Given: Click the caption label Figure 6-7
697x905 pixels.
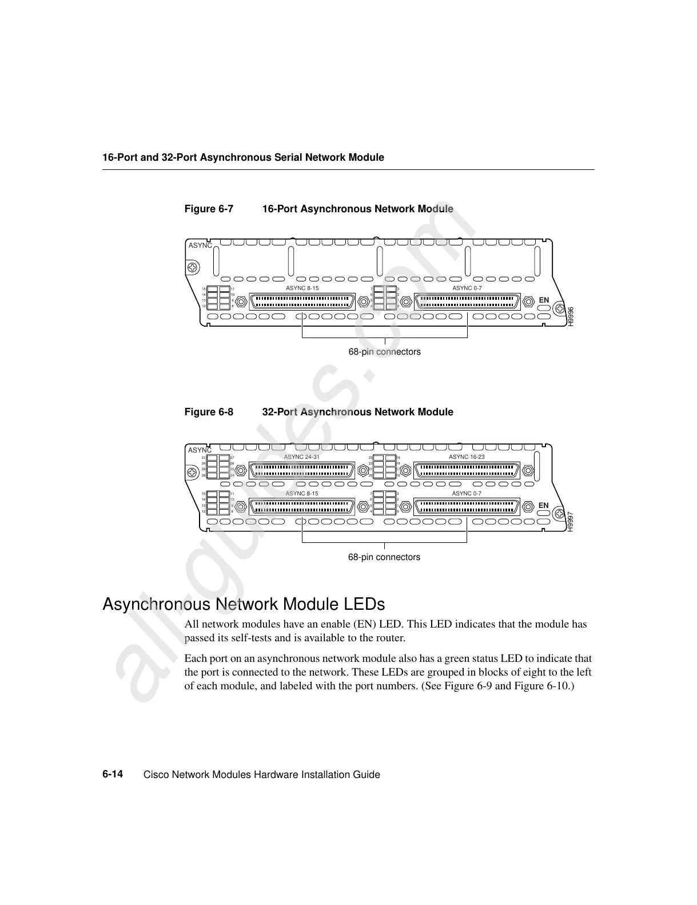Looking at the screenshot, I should click(209, 209).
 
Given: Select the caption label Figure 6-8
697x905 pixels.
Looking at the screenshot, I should click(209, 412).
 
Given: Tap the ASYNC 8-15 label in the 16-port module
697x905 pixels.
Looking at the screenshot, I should click(302, 288).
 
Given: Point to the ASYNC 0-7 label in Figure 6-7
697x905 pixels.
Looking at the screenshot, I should click(467, 288).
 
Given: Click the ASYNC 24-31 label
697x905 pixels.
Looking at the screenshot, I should click(301, 457).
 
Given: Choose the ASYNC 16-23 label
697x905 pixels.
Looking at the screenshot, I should click(467, 457).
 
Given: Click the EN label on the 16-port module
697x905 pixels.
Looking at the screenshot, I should click(544, 300).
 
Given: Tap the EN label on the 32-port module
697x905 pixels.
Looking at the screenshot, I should click(544, 506).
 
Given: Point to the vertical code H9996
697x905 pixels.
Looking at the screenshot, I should click(570, 316).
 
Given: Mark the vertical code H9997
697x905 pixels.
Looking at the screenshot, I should click(570, 522).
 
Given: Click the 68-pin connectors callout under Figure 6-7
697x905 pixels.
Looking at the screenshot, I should click(384, 352).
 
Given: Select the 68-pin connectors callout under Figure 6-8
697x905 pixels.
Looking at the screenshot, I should click(384, 557).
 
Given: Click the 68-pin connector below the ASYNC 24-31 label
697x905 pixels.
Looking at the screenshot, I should click(301, 470).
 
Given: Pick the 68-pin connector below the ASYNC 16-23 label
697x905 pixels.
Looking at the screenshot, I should click(467, 470).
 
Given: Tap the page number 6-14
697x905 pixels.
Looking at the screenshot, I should click(113, 774).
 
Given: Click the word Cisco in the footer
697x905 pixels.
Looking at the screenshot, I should click(155, 775).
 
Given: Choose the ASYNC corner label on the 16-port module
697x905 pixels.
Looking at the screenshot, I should click(200, 245).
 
